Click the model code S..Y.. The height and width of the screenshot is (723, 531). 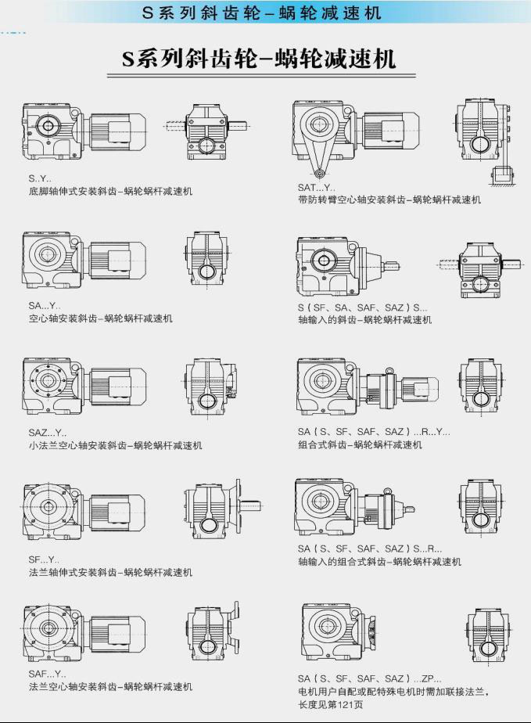tap(40, 178)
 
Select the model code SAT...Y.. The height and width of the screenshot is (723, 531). tap(316, 188)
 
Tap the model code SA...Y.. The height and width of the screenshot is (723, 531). tap(45, 305)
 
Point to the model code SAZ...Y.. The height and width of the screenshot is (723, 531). tap(48, 433)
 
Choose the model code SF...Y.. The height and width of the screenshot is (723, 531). tap(44, 559)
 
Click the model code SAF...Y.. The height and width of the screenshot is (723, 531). tap(47, 674)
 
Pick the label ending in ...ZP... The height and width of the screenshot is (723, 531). tap(369, 678)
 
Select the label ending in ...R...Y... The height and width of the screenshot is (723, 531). tap(374, 432)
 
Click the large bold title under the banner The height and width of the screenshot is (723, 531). tap(259, 59)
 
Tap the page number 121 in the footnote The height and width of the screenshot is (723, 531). tap(338, 704)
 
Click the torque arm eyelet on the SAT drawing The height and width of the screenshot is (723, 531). tap(319, 174)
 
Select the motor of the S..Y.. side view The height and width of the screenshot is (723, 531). tap(118, 131)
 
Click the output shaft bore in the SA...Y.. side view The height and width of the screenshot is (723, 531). tap(47, 254)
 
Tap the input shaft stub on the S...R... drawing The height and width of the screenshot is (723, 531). tap(408, 509)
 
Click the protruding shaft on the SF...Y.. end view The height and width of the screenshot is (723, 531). tap(251, 504)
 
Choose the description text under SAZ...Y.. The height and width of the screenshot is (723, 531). tap(115, 446)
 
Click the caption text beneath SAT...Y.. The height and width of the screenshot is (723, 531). tap(389, 200)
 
